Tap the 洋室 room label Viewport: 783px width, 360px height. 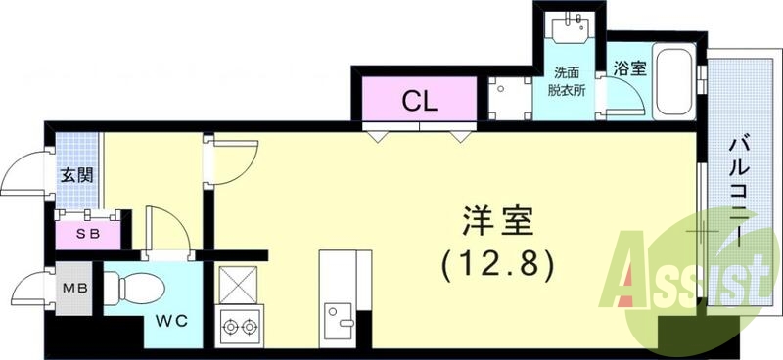click(496, 223)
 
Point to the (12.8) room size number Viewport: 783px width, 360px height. click(498, 262)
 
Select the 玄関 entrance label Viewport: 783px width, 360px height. click(77, 176)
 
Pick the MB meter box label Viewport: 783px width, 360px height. click(74, 290)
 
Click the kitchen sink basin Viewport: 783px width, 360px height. click(344, 319)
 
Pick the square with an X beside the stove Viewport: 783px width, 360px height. click(236, 287)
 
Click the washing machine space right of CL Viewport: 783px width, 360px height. click(509, 99)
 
